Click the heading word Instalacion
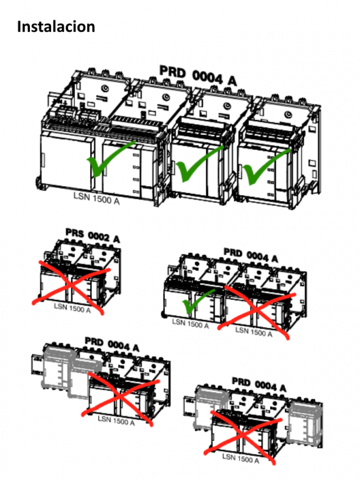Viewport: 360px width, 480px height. pos(56,27)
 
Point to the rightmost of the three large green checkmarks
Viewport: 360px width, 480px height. pos(265,167)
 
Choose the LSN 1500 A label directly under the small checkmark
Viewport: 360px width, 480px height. pos(190,325)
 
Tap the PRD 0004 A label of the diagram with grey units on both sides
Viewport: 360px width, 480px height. pos(259,383)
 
